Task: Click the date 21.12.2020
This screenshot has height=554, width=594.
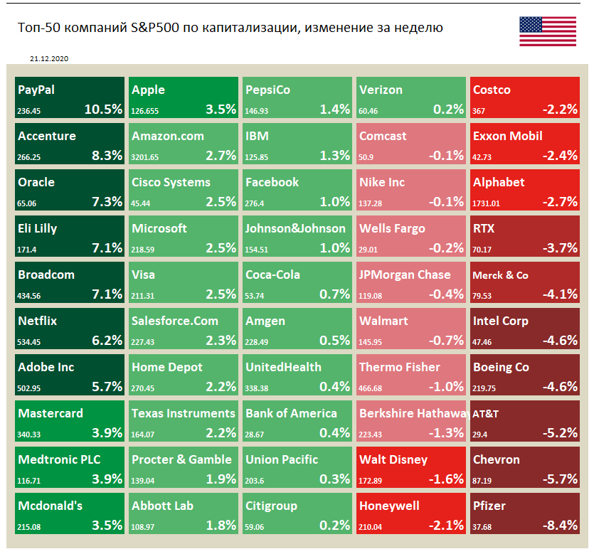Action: pos(50,59)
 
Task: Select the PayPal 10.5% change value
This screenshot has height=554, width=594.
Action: pos(103,110)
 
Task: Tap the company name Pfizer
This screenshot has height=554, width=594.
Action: pos(489,506)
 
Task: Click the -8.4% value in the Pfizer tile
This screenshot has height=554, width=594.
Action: pos(560,526)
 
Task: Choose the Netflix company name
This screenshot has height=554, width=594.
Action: pos(38,321)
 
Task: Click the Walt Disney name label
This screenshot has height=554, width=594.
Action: pos(393,459)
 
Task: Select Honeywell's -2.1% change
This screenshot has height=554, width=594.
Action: pos(446,526)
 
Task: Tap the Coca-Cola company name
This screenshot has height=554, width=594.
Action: pos(272,275)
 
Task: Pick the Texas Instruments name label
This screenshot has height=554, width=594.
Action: pos(184,413)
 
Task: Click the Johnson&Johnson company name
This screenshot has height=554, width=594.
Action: pos(295,228)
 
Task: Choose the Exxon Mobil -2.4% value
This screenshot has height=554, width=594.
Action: pos(560,156)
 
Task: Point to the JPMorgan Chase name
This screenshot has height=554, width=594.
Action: pos(405,275)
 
